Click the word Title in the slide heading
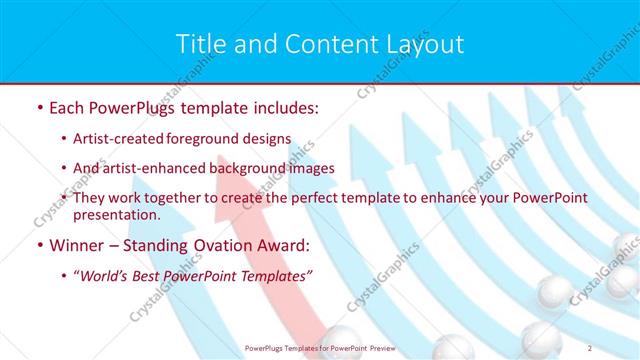coord(200,45)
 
